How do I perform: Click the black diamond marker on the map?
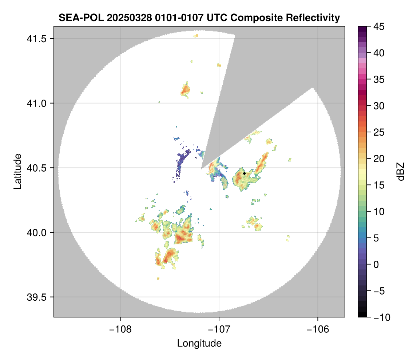[244, 173]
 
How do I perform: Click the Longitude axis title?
[199, 343]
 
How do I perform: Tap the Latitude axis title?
[17, 171]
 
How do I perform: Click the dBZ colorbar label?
[401, 172]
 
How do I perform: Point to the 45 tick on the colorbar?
[378, 27]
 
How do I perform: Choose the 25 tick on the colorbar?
[378, 132]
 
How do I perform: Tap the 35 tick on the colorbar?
[378, 79]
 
